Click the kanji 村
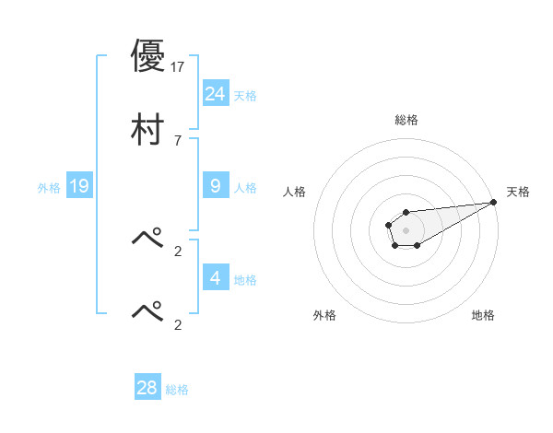pyautogui.click(x=147, y=128)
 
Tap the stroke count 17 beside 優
pyautogui.click(x=178, y=66)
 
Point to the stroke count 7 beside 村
pyautogui.click(x=178, y=140)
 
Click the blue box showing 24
pyautogui.click(x=216, y=93)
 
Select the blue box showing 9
pyautogui.click(x=216, y=185)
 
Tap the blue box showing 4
pyautogui.click(x=216, y=277)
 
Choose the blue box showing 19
pyautogui.click(x=79, y=186)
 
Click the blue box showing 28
pyautogui.click(x=147, y=388)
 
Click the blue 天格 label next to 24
pyautogui.click(x=245, y=96)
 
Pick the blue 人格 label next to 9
pyautogui.click(x=245, y=188)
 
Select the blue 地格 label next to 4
pyautogui.click(x=245, y=280)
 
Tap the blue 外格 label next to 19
pyautogui.click(x=49, y=188)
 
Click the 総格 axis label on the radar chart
pyautogui.click(x=406, y=120)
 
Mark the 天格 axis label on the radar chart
pyautogui.click(x=519, y=192)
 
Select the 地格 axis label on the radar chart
pyautogui.click(x=483, y=315)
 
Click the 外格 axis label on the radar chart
pyautogui.click(x=324, y=315)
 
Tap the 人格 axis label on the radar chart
pyautogui.click(x=295, y=192)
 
